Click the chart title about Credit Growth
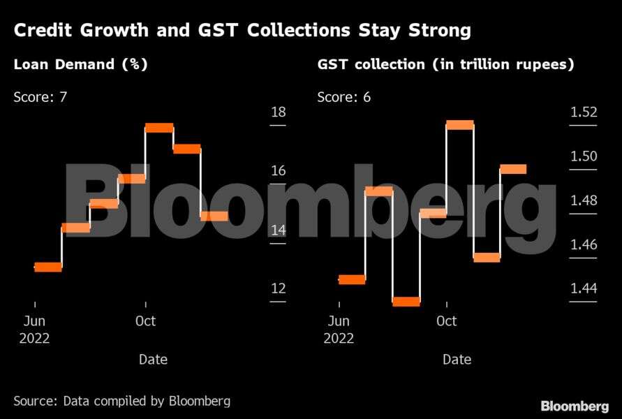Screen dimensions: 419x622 coord(242,31)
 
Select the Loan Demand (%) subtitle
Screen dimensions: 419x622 coord(81,65)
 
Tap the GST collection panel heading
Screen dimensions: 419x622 coord(446,65)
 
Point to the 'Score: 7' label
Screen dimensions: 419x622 coord(40,97)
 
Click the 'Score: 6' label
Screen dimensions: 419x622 coord(344,97)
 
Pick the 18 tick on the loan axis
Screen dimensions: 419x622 coord(278,112)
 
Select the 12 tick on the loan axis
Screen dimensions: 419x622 coord(278,288)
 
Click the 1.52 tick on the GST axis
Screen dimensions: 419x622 coord(583,112)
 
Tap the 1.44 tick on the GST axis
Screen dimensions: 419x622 coord(583,288)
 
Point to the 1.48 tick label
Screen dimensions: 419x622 coord(583,200)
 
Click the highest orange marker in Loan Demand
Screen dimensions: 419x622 coord(159,128)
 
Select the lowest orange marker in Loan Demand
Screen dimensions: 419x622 coord(48,267)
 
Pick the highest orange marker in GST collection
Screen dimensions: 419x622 coord(460,125)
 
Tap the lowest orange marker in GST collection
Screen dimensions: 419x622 coord(406,302)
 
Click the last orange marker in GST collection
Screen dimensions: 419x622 coord(513,169)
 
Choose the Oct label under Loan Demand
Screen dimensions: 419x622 coord(145,321)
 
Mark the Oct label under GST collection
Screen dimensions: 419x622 coord(446,321)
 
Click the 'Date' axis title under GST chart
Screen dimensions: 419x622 coord(457,360)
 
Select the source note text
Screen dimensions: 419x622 coord(121,401)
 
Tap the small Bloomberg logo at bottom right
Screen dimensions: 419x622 coord(574,406)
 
